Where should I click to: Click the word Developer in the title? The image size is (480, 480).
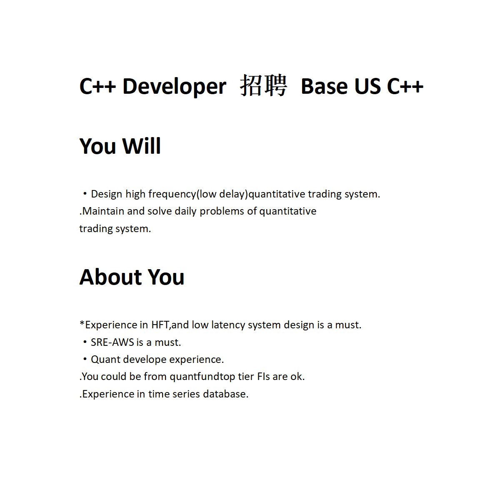pyautogui.click(x=174, y=87)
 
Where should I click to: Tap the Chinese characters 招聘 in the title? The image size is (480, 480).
pyautogui.click(x=263, y=86)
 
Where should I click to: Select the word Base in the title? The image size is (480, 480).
pyautogui.click(x=324, y=87)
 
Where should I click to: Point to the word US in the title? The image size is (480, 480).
pyautogui.click(x=367, y=87)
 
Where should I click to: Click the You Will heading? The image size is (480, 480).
pyautogui.click(x=120, y=146)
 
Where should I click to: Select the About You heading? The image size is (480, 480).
pyautogui.click(x=132, y=277)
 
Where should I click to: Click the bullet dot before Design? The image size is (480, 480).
pyautogui.click(x=85, y=194)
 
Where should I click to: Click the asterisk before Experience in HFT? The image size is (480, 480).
pyautogui.click(x=82, y=323)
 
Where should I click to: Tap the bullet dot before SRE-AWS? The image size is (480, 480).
pyautogui.click(x=85, y=342)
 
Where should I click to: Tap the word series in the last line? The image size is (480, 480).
pyautogui.click(x=186, y=394)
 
